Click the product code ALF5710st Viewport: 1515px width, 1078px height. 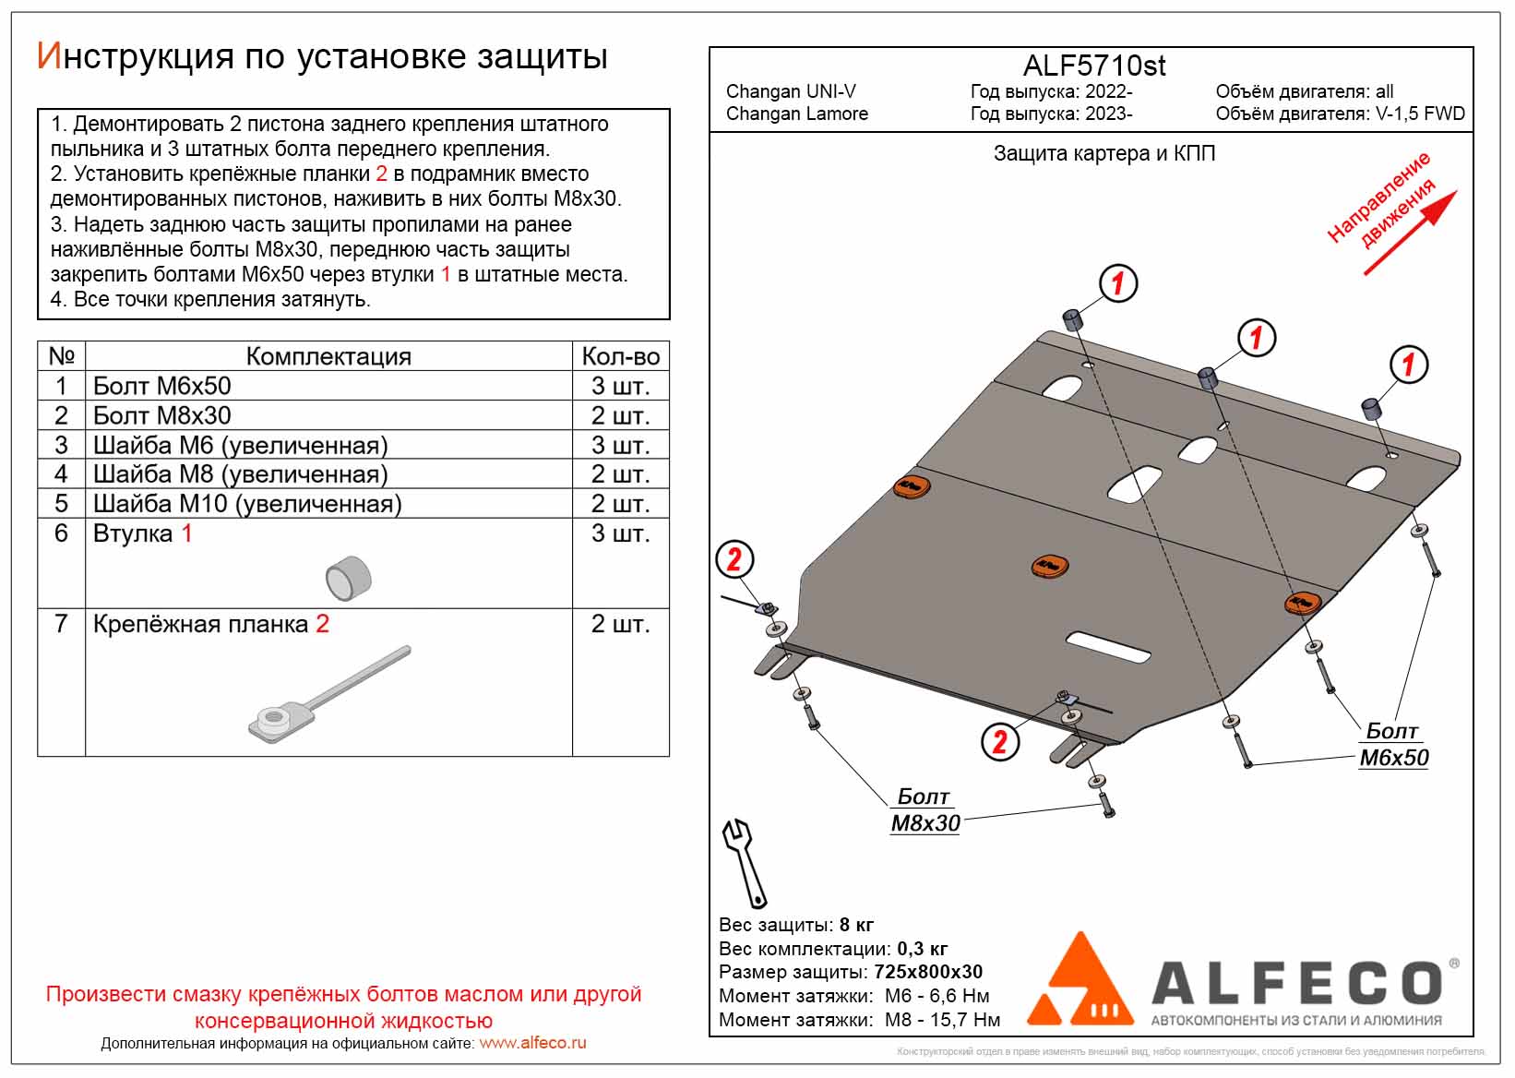click(1094, 66)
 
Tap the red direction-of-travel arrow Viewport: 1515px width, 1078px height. click(1411, 233)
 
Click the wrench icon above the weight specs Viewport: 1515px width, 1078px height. click(744, 863)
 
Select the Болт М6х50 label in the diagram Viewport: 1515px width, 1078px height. click(1393, 745)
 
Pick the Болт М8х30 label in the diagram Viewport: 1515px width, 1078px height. click(925, 810)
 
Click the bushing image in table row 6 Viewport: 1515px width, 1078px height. click(348, 578)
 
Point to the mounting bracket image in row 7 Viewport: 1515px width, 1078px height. click(328, 692)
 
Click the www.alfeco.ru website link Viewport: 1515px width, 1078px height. click(532, 1043)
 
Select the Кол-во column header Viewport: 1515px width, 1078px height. click(620, 356)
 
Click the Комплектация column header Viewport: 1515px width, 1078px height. click(328, 356)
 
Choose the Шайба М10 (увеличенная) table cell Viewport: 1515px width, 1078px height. click(247, 504)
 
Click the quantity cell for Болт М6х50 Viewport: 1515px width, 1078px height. click(620, 386)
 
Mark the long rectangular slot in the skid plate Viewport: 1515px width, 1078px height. click(1108, 647)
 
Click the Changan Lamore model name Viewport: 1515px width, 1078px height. click(797, 114)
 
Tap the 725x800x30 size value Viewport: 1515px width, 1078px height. click(928, 972)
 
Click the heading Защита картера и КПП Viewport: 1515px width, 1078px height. click(1103, 153)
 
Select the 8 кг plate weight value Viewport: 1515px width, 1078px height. click(856, 925)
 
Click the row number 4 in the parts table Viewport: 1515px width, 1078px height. click(61, 474)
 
